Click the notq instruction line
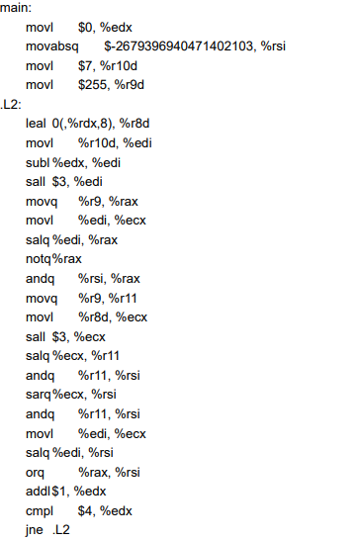(53, 259)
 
